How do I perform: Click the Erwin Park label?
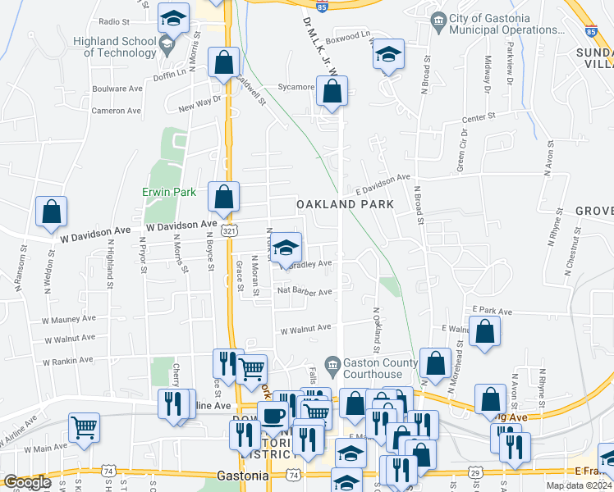pyautogui.click(x=167, y=193)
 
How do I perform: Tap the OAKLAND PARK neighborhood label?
pyautogui.click(x=345, y=203)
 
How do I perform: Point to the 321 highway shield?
pyautogui.click(x=231, y=232)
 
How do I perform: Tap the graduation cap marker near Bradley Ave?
pyautogui.click(x=286, y=247)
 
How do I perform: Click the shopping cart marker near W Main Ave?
pyautogui.click(x=84, y=427)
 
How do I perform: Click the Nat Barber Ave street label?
pyautogui.click(x=305, y=291)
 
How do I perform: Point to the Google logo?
pyautogui.click(x=26, y=482)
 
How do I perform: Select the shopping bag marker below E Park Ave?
pyautogui.click(x=485, y=332)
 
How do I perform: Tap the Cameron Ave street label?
pyautogui.click(x=117, y=111)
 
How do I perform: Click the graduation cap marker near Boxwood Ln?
pyautogui.click(x=389, y=55)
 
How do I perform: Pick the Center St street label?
pyautogui.click(x=479, y=118)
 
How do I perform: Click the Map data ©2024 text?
pyautogui.click(x=580, y=485)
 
